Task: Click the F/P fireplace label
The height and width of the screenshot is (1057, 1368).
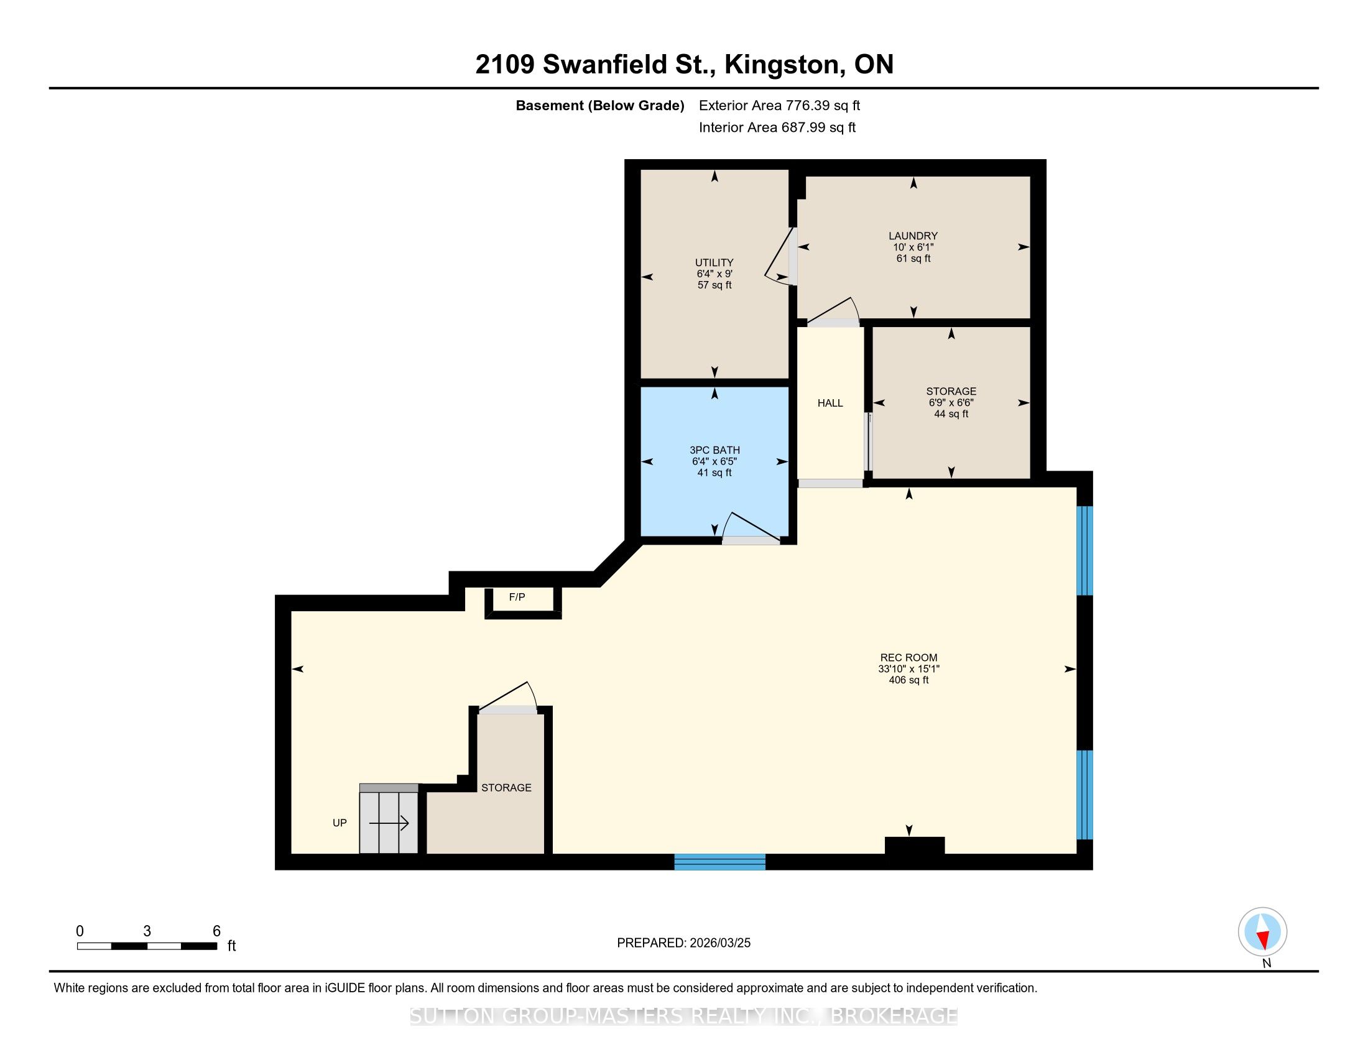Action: (x=517, y=598)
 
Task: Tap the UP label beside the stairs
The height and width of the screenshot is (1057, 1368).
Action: (x=340, y=823)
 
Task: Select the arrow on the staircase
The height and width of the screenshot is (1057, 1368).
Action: (x=389, y=823)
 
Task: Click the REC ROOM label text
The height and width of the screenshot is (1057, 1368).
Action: (x=909, y=657)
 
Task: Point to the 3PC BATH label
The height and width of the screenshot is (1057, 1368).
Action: (x=714, y=450)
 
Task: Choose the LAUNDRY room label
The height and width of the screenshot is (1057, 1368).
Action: (x=913, y=236)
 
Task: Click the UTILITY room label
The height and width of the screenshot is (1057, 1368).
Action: (x=714, y=262)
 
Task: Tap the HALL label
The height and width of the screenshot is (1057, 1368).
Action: (x=830, y=404)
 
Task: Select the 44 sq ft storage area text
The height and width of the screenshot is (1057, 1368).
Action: (x=951, y=414)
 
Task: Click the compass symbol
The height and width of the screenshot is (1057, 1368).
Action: (x=1262, y=932)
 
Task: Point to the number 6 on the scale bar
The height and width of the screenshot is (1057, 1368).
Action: (x=217, y=931)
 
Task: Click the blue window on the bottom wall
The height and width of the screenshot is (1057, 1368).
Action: (x=719, y=862)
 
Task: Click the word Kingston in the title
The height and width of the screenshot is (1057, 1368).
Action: (x=782, y=65)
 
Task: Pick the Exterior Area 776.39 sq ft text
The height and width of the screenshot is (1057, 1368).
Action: (x=780, y=106)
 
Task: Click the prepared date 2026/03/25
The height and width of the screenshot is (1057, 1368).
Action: (x=719, y=943)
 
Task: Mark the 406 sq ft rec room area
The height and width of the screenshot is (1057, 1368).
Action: (x=909, y=680)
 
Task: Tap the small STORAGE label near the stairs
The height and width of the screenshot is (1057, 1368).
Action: (x=506, y=788)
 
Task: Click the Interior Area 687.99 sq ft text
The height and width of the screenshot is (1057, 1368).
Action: (x=777, y=127)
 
